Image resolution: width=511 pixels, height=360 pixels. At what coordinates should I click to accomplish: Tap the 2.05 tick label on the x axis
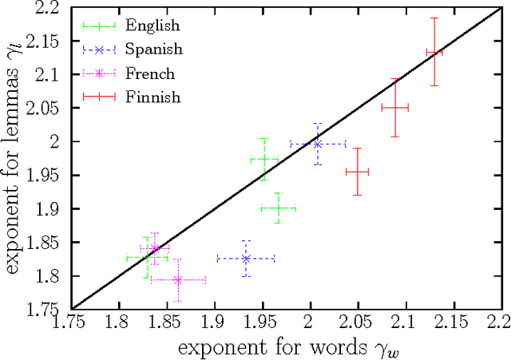[x=358, y=324]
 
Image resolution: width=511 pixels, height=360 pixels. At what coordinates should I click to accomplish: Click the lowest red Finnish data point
[x=357, y=172]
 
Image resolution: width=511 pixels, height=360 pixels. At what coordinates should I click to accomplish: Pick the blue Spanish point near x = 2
[x=318, y=144]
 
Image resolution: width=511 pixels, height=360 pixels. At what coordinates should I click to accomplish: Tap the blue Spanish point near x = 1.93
[x=246, y=259]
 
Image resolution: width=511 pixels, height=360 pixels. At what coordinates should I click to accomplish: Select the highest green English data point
[x=264, y=160]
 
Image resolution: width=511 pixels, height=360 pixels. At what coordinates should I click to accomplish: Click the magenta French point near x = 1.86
[x=178, y=280]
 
